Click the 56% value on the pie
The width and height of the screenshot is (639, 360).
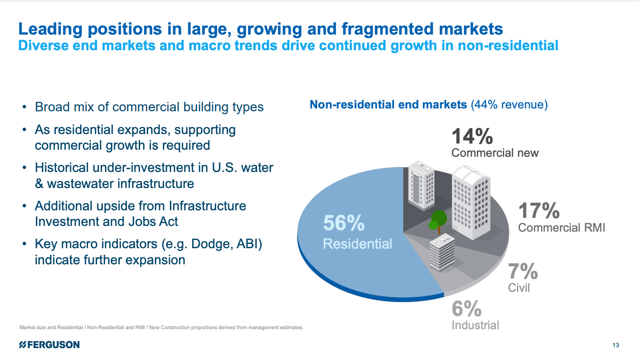[344, 223]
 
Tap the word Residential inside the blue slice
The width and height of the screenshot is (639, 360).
[357, 244]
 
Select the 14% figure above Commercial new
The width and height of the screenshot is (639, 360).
[472, 136]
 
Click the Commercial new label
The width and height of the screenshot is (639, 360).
[495, 153]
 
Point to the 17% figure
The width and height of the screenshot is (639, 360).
[539, 210]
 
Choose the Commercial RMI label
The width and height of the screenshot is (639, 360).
[561, 227]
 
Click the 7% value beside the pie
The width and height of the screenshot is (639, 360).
[523, 271]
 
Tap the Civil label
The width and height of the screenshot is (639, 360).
[519, 288]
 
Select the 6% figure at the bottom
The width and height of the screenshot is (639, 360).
[466, 309]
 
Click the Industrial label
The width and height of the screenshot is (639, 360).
[475, 325]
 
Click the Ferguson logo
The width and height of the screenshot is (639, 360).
[49, 345]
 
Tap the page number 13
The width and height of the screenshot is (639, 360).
[615, 345]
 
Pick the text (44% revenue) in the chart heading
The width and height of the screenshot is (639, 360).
[509, 104]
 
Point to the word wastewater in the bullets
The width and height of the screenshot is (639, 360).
[89, 183]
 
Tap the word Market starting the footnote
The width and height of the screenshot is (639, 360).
[27, 328]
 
